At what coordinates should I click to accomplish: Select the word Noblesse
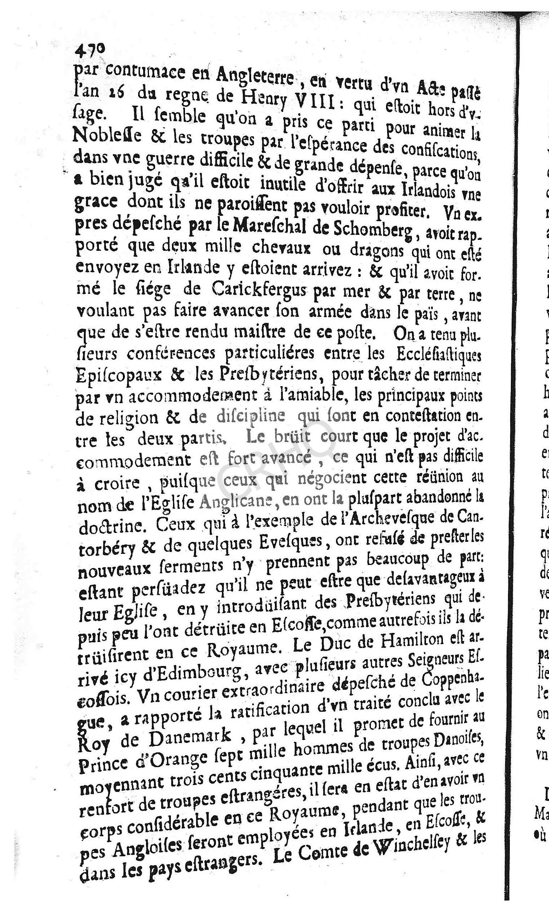coord(102,136)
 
